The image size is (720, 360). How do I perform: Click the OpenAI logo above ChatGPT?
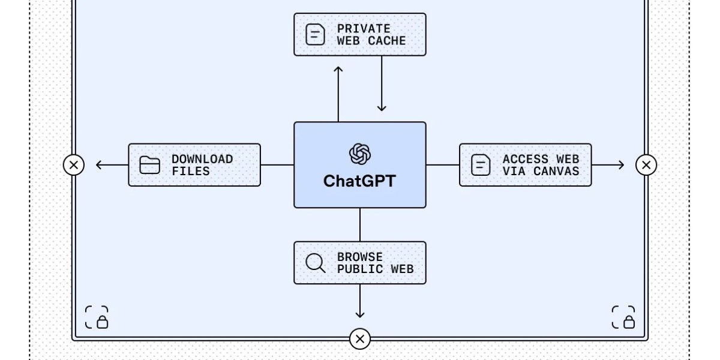(x=360, y=154)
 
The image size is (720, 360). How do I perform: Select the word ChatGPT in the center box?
(x=360, y=181)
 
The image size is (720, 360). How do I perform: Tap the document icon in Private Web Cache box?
(x=315, y=34)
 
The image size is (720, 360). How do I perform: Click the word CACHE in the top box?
(x=387, y=41)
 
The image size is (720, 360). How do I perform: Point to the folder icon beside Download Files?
(x=149, y=165)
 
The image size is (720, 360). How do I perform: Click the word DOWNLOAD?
(x=202, y=159)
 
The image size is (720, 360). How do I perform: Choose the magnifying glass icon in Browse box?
(x=315, y=263)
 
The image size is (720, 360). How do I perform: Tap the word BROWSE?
(x=359, y=257)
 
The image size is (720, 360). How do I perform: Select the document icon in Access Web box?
(x=481, y=165)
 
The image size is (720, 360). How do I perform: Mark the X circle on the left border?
(x=74, y=164)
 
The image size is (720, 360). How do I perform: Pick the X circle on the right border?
(x=646, y=164)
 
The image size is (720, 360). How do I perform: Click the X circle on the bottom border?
(x=360, y=339)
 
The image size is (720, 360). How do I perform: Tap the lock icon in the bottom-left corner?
(x=97, y=317)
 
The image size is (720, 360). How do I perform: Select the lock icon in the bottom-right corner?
(x=623, y=317)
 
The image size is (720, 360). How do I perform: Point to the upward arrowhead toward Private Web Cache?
(x=338, y=70)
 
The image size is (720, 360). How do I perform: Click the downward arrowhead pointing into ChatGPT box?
(x=382, y=108)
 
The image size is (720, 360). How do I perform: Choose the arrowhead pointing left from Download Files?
(x=99, y=164)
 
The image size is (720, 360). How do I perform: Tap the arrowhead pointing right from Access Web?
(x=620, y=164)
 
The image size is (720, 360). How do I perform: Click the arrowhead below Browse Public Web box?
(x=360, y=314)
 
